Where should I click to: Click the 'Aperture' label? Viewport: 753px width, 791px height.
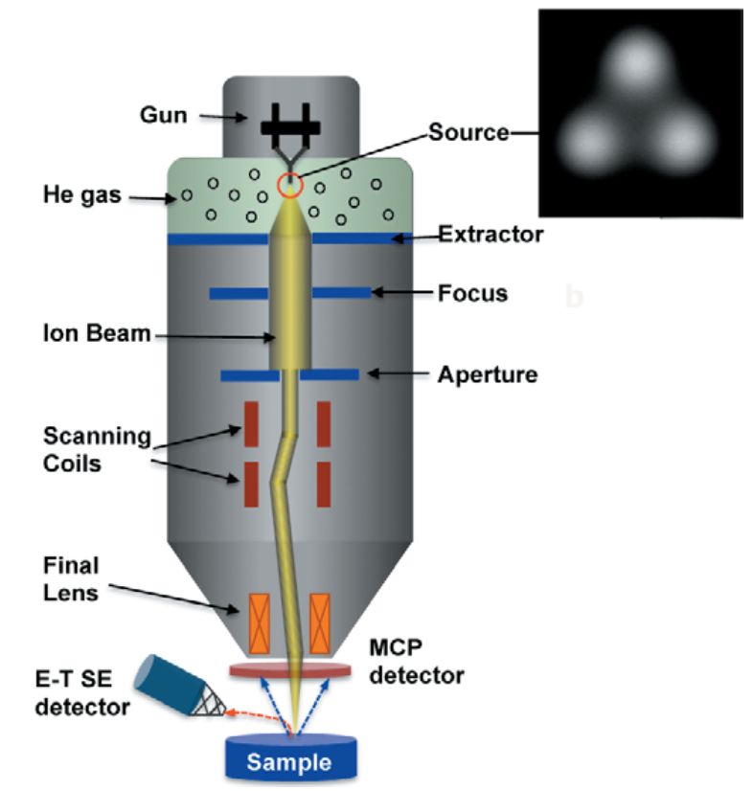(x=487, y=374)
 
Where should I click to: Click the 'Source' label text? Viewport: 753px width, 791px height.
(x=468, y=134)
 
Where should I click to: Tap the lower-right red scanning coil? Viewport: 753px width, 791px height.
(x=323, y=484)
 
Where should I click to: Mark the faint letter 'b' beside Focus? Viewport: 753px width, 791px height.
(x=574, y=297)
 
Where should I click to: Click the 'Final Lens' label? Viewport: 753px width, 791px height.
(x=72, y=578)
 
